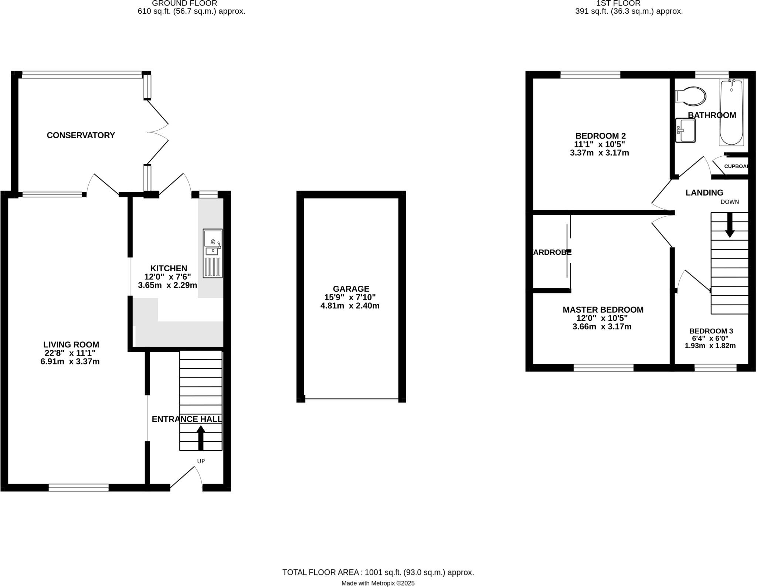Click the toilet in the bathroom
[691, 96]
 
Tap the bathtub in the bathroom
[731, 112]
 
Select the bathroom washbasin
[685, 130]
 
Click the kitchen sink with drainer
[213, 253]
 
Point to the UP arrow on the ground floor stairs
[201, 438]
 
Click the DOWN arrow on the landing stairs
[730, 225]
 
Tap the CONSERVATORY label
[81, 135]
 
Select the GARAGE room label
[351, 289]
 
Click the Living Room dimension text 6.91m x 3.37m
[70, 362]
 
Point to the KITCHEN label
[169, 268]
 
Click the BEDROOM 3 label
[711, 331]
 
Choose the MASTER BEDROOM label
[603, 310]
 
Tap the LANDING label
[704, 193]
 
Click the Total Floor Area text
[378, 573]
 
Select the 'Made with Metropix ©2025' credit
[378, 583]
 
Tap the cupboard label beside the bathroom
[736, 166]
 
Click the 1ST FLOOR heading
[629, 3]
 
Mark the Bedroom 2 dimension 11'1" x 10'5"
[599, 145]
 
